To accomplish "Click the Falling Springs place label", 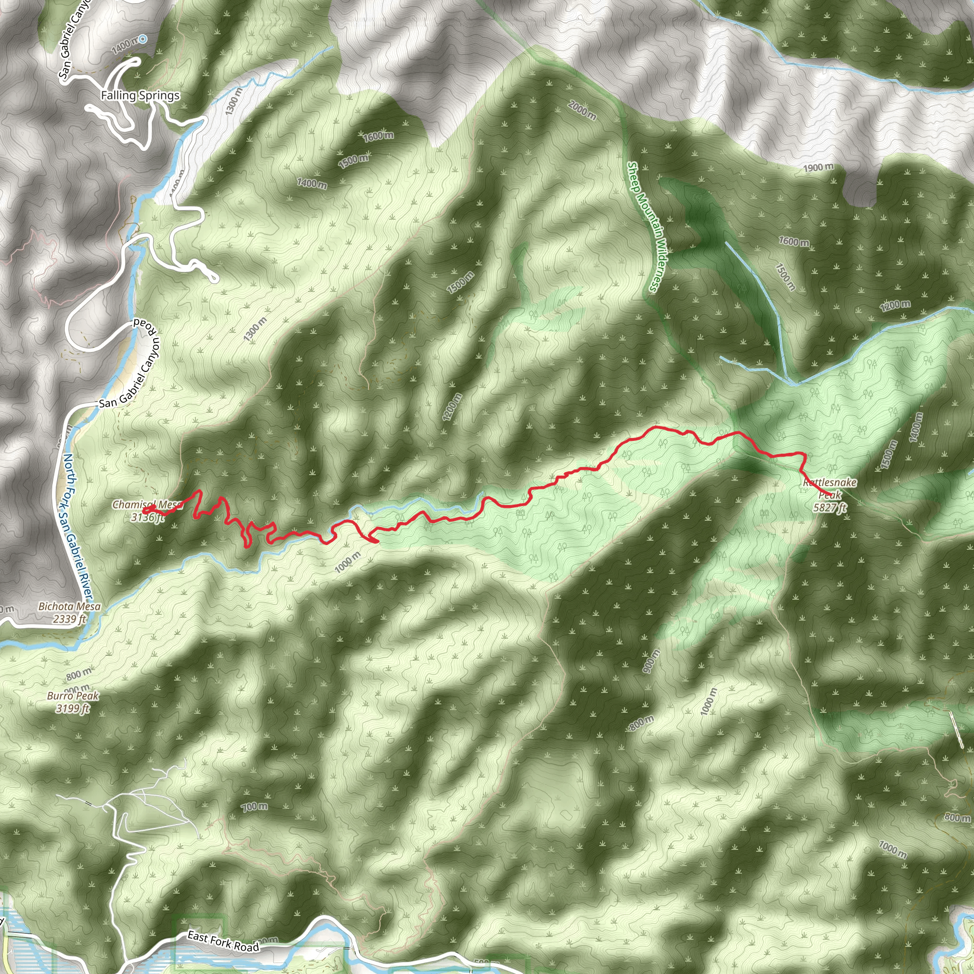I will pyautogui.click(x=140, y=95).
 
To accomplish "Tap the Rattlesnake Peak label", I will pyautogui.click(x=829, y=488).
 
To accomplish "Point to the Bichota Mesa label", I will pyautogui.click(x=69, y=606).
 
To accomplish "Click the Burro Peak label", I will pyautogui.click(x=73, y=696).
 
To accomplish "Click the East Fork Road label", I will pyautogui.click(x=224, y=942).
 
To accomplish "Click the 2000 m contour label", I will pyautogui.click(x=582, y=110).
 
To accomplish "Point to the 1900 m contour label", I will pyautogui.click(x=818, y=167).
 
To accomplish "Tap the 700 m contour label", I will pyautogui.click(x=254, y=807).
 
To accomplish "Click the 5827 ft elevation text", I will pyautogui.click(x=830, y=507).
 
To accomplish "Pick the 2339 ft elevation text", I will pyautogui.click(x=69, y=619).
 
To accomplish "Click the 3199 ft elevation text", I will pyautogui.click(x=73, y=708).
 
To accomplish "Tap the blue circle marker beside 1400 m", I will pyautogui.click(x=143, y=39).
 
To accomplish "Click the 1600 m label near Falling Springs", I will pyautogui.click(x=379, y=136).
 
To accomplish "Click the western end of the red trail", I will pyautogui.click(x=145, y=512).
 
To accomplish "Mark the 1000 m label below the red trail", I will pyautogui.click(x=348, y=562).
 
